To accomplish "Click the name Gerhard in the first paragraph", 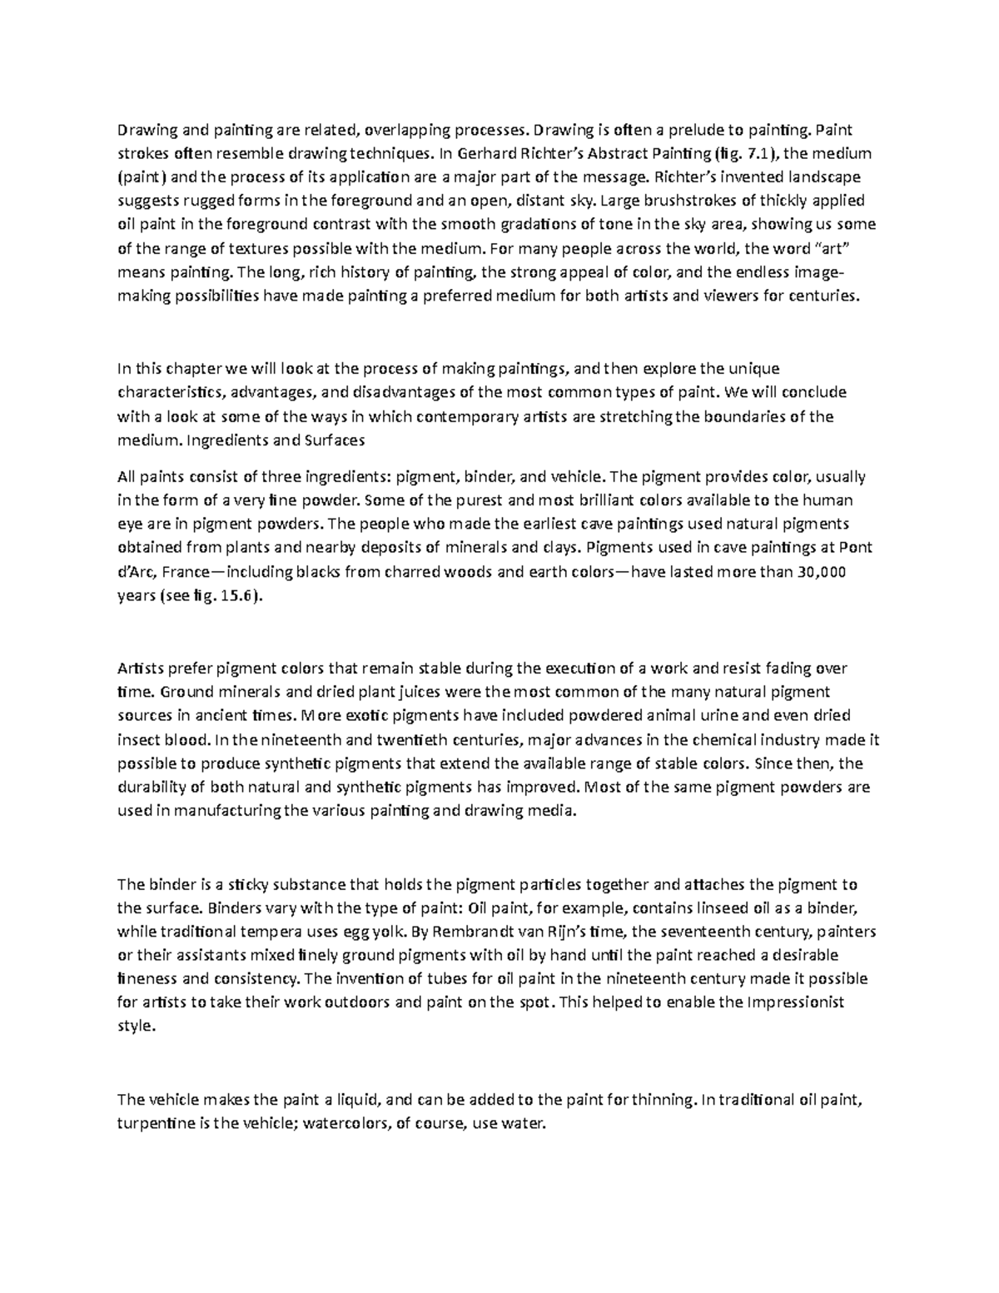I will [484, 153].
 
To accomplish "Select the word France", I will [186, 572].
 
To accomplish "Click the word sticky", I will [251, 884].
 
